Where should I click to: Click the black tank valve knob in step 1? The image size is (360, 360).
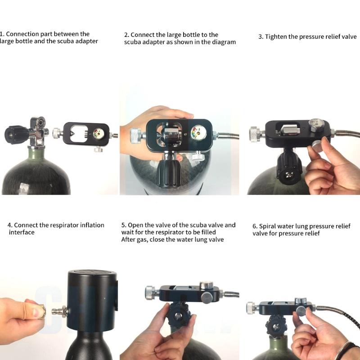click(13, 133)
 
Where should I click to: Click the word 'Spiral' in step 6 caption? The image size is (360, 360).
click(268, 226)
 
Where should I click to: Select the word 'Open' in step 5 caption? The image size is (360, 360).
click(136, 225)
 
